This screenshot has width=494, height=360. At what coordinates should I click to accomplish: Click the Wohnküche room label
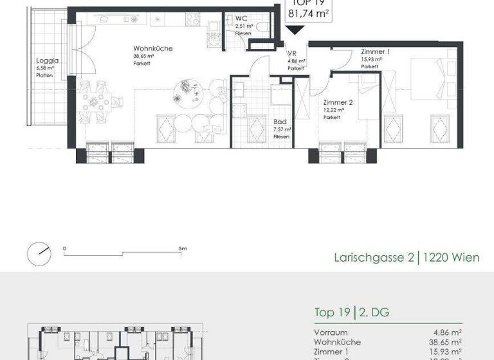point(152,49)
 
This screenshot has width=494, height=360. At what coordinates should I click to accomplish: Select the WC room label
point(242,19)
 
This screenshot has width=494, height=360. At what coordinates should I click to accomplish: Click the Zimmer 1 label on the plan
point(375,51)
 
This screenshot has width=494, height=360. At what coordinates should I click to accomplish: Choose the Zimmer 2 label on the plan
point(338,103)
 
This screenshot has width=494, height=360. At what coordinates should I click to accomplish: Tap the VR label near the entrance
point(291,54)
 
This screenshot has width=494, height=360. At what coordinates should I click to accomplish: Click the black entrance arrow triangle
point(296,29)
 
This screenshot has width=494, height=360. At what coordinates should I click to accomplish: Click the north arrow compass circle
point(40,253)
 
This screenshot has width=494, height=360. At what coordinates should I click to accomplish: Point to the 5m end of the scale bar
point(183,248)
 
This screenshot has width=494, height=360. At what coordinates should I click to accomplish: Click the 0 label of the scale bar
point(64,248)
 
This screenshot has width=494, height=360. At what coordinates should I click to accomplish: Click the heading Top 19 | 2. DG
point(351,313)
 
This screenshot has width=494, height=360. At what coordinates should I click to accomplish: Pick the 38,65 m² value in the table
point(445,342)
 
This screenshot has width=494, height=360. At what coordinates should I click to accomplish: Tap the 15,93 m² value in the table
point(445,352)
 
